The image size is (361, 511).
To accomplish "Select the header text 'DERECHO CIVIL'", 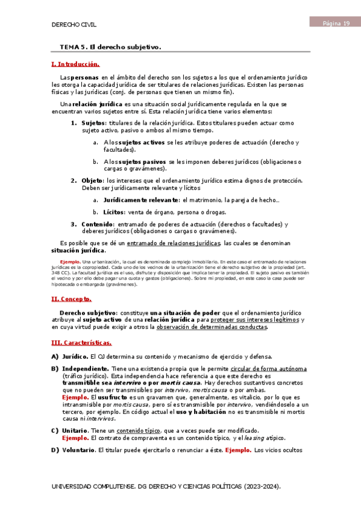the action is point(75,25).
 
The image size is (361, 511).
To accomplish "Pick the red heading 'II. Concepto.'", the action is point(72,298).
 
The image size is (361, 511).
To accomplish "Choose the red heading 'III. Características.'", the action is point(82,343).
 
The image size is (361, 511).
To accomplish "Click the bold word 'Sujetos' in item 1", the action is point(93,123).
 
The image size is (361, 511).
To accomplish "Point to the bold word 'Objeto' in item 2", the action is point(92,180).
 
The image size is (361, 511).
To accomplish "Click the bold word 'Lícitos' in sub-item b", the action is point(113,212).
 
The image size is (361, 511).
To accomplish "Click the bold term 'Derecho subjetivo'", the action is point(88,313).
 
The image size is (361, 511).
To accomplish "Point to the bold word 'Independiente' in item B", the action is point(86,369).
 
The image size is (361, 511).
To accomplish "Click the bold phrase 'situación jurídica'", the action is point(78,250).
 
